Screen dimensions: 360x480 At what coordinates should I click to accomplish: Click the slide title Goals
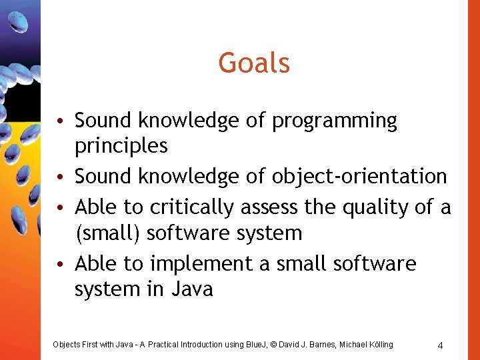[254, 64]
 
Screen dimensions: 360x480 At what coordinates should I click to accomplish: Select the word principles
[121, 145]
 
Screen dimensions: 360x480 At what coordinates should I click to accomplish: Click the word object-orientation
[359, 177]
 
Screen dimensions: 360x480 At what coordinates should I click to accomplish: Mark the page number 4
[440, 345]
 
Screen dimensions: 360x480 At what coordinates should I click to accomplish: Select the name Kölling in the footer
[379, 345]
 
